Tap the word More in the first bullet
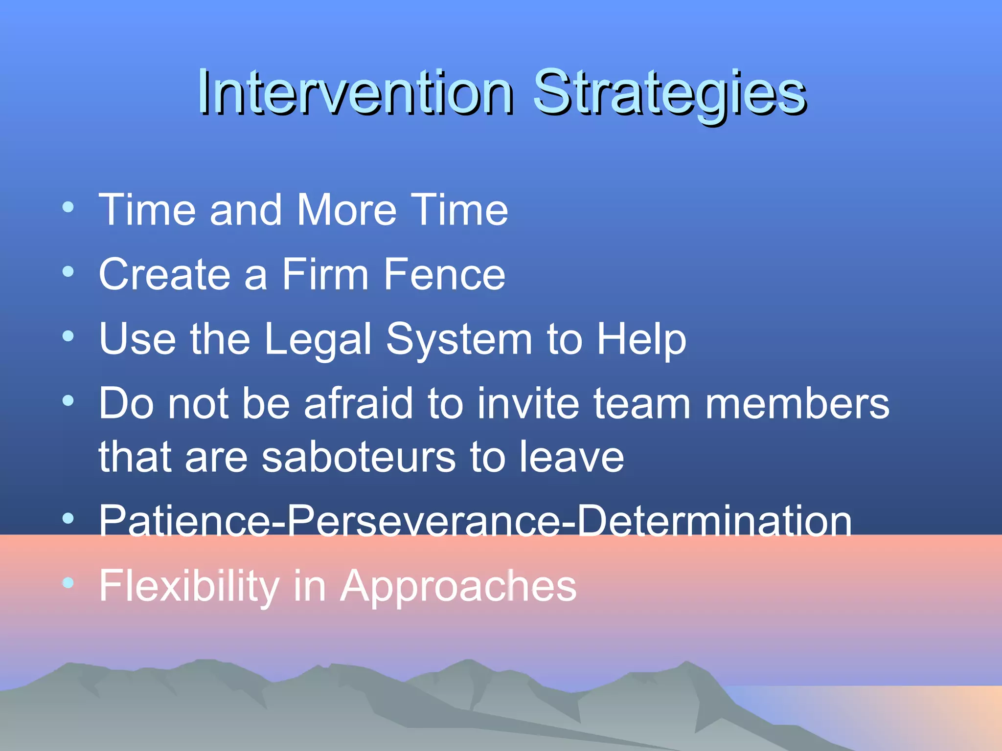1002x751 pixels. coord(346,210)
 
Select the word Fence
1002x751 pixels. coord(444,275)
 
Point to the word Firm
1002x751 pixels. coord(325,275)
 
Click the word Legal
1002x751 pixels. coord(318,339)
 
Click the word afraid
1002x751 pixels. coord(359,404)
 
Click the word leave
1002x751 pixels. coord(571,457)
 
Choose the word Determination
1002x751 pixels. coord(714,521)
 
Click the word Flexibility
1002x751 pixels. coord(189,586)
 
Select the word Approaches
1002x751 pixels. coord(458,587)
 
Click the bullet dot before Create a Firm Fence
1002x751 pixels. coord(68,271)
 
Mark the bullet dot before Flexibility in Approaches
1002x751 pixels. coord(68,582)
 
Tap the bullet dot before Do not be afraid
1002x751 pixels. coord(68,401)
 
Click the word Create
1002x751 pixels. coord(164,275)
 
